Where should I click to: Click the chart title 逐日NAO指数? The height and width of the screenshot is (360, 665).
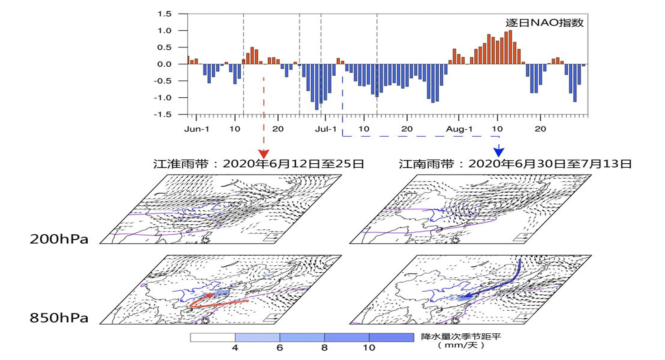[544, 23]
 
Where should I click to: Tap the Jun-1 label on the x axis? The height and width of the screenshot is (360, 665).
[196, 129]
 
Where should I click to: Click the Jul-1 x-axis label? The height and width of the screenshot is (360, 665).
[325, 129]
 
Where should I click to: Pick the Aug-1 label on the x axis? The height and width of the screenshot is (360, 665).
[459, 129]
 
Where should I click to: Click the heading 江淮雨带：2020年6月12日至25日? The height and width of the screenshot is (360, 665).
[259, 164]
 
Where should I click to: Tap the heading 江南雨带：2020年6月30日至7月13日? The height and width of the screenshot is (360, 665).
[515, 164]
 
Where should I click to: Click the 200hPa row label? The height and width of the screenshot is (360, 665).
[59, 238]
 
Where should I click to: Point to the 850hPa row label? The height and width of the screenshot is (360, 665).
[59, 317]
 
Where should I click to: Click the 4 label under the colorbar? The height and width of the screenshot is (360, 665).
[235, 348]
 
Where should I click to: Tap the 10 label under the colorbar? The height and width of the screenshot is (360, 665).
[369, 348]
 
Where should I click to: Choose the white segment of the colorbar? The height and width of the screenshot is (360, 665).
[213, 337]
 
